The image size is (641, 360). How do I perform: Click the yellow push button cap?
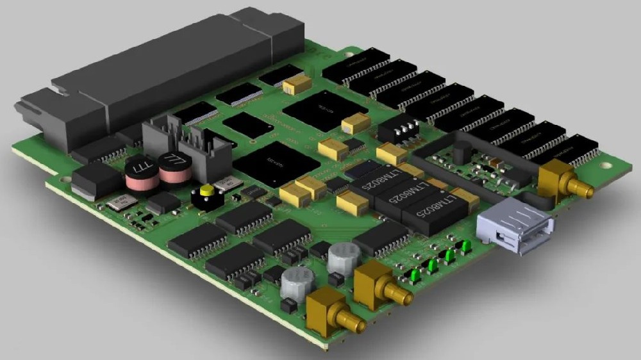[x=206, y=191]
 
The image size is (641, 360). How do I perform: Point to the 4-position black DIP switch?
[x=398, y=131]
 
